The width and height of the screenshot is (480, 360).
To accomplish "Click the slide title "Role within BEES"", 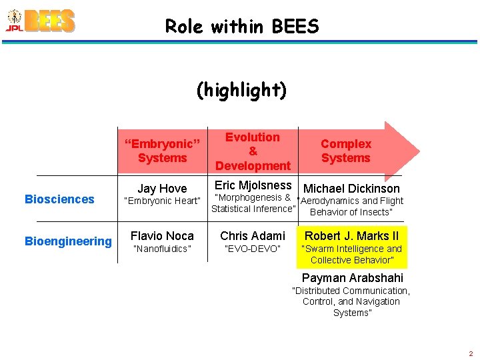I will [242, 27].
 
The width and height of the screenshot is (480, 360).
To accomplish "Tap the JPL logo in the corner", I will [13, 21].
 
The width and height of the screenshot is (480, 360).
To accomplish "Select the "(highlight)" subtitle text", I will [241, 89].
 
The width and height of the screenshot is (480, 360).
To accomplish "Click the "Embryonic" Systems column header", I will [162, 151].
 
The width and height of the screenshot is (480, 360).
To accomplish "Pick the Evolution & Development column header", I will [253, 151].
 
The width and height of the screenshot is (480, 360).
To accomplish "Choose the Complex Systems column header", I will [345, 151].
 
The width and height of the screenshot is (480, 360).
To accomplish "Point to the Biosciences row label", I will [59, 199].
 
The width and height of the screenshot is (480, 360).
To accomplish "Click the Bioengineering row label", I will [68, 241].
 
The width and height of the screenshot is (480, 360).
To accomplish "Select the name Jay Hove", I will [162, 189].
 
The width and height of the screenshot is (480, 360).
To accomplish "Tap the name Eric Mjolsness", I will [253, 185].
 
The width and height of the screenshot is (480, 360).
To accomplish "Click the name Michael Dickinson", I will [351, 189].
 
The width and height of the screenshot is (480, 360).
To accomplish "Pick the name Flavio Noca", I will [162, 236].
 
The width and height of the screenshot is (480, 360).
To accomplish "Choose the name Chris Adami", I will [253, 236].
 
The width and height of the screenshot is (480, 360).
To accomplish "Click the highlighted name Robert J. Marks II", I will [351, 236].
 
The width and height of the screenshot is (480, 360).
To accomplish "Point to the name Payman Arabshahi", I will [352, 278].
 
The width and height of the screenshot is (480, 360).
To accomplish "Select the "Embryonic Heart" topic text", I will [162, 201].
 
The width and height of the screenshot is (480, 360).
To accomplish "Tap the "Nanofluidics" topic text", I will [162, 249].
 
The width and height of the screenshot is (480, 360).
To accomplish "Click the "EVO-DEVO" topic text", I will [253, 249].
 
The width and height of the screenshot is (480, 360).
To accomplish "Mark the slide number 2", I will [471, 353].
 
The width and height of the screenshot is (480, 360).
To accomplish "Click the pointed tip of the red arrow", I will [419, 151].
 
